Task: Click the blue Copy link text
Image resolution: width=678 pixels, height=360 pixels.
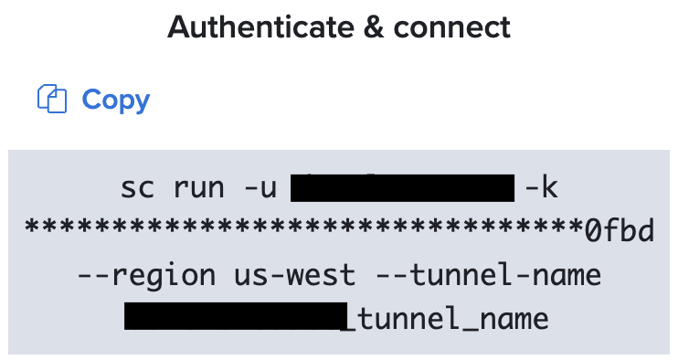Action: click(x=116, y=99)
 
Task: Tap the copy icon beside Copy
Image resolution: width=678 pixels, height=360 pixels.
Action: click(x=53, y=99)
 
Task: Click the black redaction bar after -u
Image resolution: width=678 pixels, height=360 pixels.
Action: click(x=402, y=188)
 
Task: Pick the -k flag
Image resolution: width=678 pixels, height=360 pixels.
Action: click(x=541, y=188)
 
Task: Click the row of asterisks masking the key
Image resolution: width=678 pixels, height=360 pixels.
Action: click(x=302, y=231)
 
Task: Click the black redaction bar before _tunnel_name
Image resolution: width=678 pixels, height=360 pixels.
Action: click(x=236, y=317)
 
